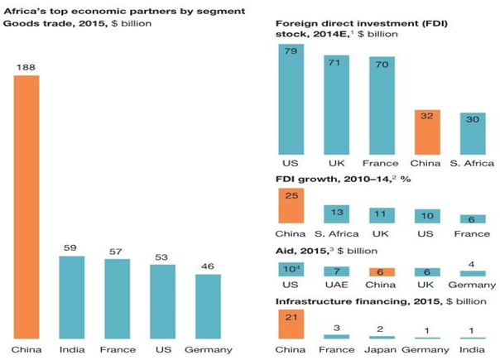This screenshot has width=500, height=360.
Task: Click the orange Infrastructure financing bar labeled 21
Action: coord(291,325)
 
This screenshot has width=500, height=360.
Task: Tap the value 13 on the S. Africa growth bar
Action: coord(337,212)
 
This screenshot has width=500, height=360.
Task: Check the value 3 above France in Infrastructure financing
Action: coord(336,328)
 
